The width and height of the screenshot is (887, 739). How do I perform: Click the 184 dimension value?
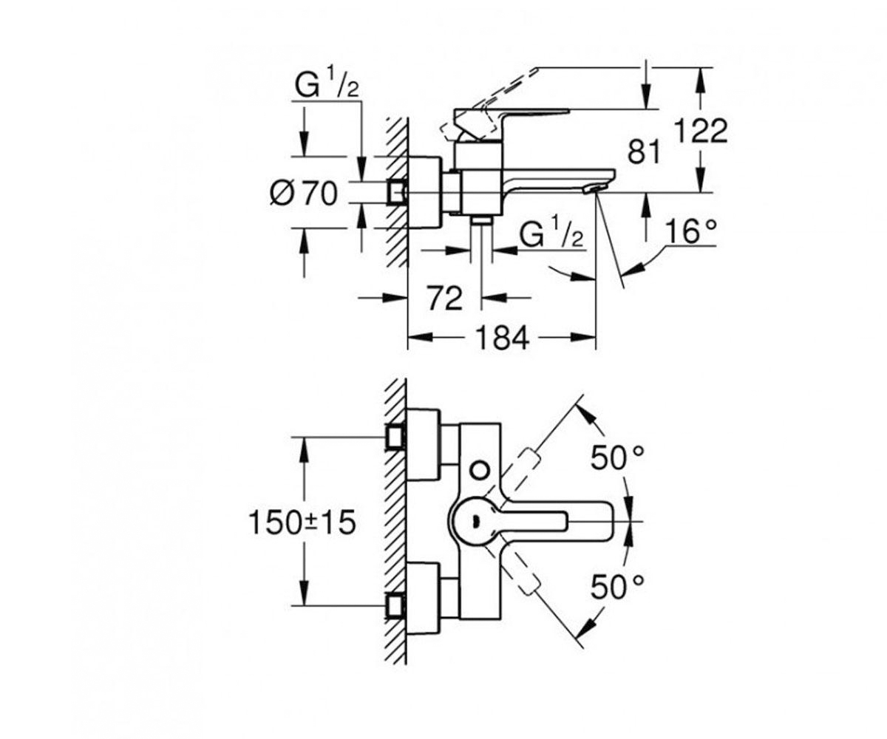(x=503, y=338)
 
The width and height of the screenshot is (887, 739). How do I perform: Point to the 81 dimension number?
(x=644, y=151)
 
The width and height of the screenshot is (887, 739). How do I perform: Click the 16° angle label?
(x=690, y=231)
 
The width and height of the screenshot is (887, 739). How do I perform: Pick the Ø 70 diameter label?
(x=303, y=194)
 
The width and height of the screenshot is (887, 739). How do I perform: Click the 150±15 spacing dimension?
(x=302, y=522)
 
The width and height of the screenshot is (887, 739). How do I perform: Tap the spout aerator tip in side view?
(x=595, y=189)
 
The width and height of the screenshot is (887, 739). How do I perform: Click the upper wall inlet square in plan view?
(x=395, y=437)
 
